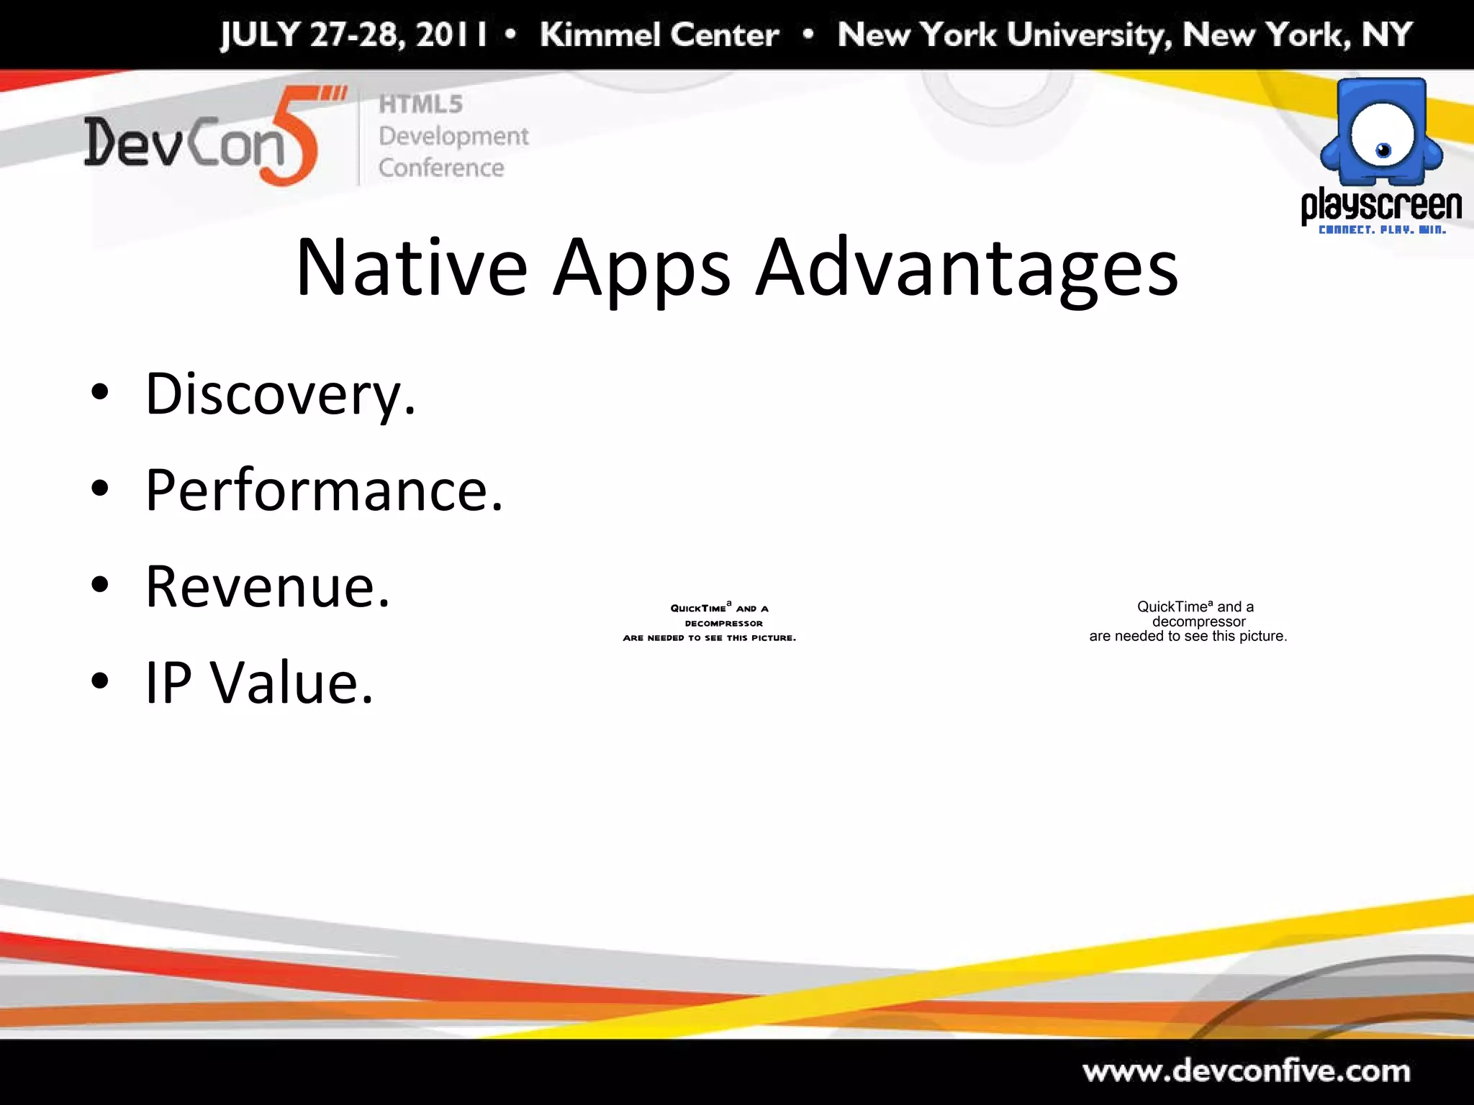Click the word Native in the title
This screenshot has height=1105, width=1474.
click(x=412, y=268)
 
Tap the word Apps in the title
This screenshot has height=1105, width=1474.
click(x=642, y=268)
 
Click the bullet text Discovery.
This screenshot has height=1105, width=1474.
click(x=281, y=394)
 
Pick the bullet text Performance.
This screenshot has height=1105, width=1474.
click(x=324, y=491)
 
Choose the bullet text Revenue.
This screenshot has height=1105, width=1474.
click(x=268, y=586)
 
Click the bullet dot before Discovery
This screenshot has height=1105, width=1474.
click(x=100, y=393)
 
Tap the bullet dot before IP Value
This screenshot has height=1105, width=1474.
click(x=100, y=681)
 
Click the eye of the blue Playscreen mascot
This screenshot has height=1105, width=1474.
click(x=1383, y=150)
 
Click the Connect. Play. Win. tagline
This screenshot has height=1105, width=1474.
click(x=1382, y=230)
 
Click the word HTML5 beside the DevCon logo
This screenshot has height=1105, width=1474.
click(x=421, y=104)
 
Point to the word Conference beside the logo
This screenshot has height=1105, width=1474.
click(x=441, y=168)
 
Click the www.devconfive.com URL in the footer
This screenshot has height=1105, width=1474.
click(x=1247, y=1071)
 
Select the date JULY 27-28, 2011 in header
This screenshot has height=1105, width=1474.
click(x=353, y=35)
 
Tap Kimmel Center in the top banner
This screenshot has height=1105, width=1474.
click(x=659, y=35)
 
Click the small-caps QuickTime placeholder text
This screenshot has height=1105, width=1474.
click(x=710, y=623)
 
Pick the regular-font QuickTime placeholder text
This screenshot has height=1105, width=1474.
click(x=1188, y=622)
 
